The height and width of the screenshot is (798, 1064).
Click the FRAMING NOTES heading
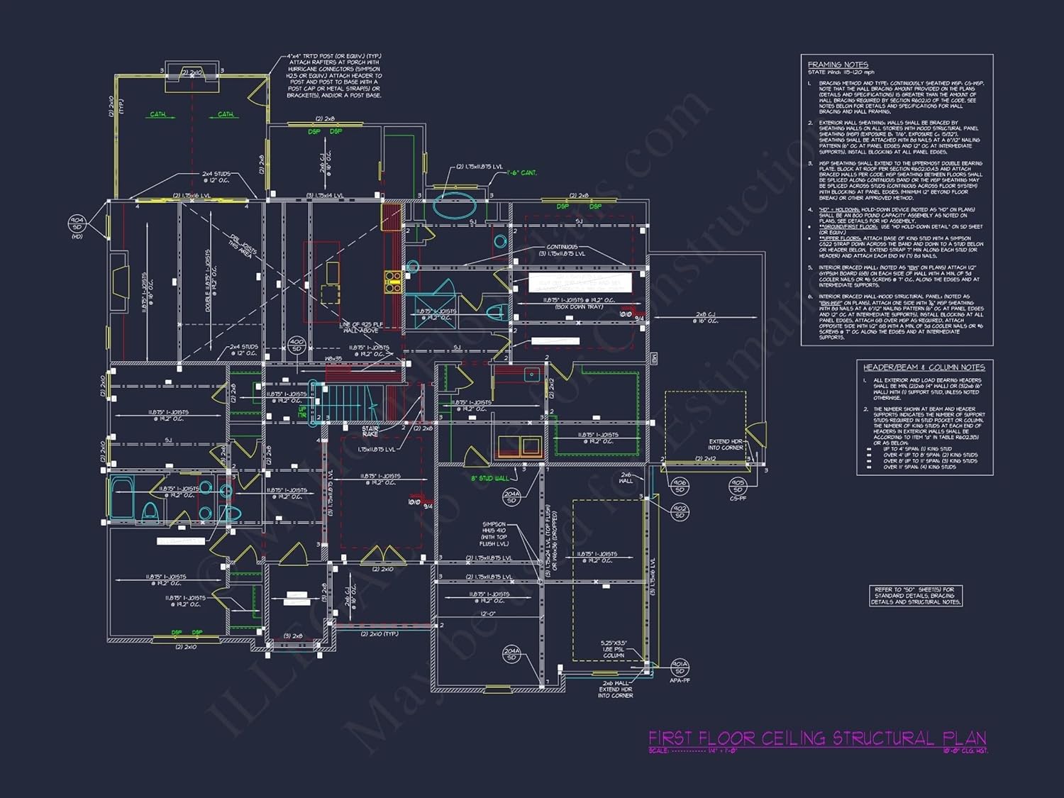838,65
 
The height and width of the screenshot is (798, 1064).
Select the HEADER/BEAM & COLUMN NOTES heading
924,367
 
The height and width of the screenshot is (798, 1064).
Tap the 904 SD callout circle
77,224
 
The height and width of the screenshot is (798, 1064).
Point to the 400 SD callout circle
297,345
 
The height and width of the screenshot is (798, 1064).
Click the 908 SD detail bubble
680,486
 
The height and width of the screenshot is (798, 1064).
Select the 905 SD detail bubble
738,486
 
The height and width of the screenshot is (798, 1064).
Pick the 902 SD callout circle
680,511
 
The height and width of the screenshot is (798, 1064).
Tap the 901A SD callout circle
680,667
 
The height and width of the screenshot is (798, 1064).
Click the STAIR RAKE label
370,431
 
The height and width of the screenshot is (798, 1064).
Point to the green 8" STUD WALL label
489,479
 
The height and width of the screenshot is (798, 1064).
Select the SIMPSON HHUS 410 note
494,534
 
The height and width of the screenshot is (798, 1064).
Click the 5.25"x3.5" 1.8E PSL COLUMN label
613,650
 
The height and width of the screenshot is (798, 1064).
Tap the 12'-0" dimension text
488,614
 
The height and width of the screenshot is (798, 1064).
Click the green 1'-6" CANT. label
522,173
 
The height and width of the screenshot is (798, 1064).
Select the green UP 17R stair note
303,411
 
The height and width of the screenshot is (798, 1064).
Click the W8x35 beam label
333,359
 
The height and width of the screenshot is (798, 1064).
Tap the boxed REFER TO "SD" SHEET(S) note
916,596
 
